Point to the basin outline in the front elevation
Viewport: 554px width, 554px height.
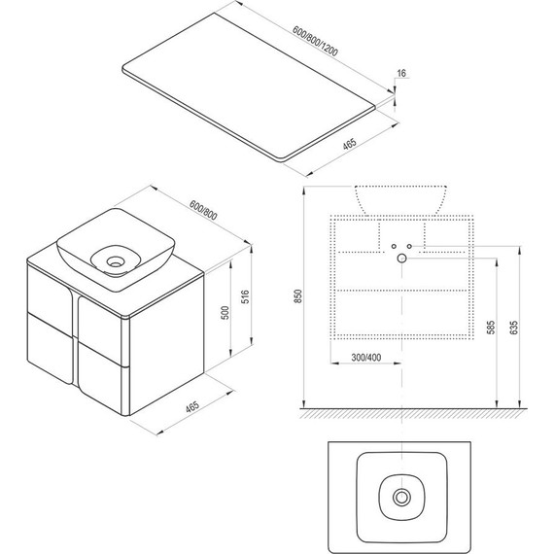400,198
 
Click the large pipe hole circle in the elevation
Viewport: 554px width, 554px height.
400,259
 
